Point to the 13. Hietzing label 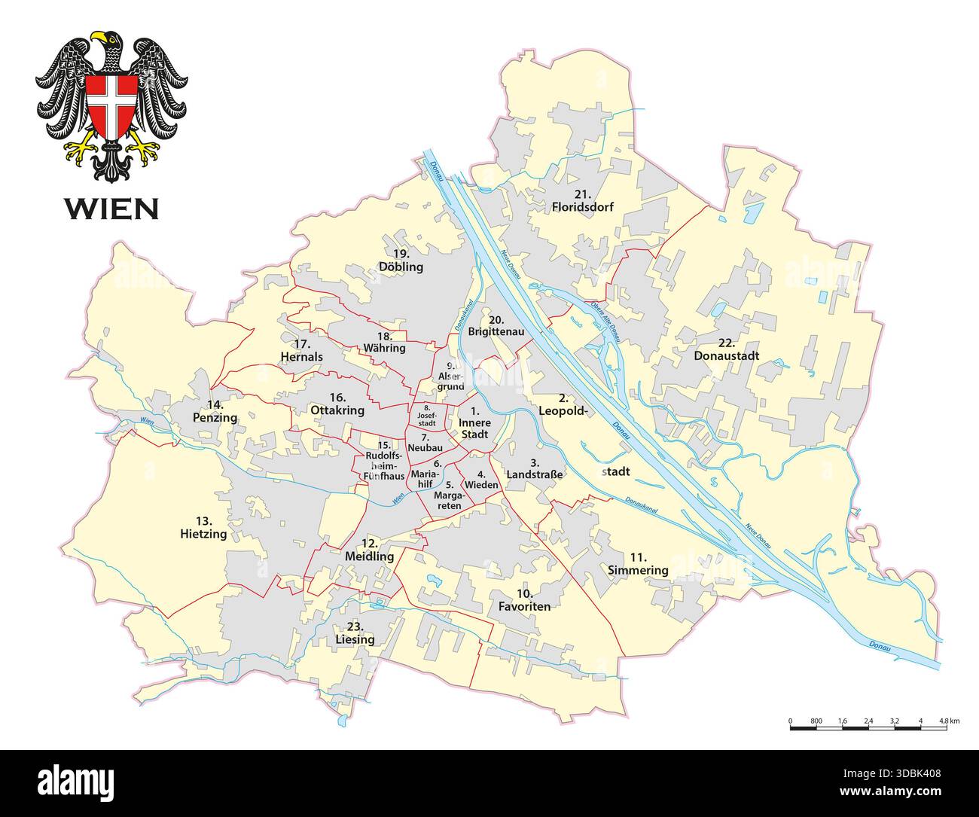(203, 527)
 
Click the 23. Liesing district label (355, 633)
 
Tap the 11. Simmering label (638, 563)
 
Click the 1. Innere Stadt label (474, 423)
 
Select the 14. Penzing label (215, 410)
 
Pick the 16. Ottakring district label (337, 404)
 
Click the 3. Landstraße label (535, 468)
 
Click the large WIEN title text (111, 208)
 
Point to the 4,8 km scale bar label (949, 721)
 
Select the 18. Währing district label (384, 342)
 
